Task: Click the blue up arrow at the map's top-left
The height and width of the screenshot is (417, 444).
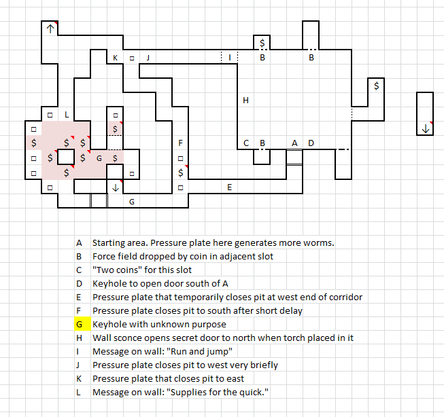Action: pyautogui.click(x=50, y=29)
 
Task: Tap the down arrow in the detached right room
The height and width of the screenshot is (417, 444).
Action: pyautogui.click(x=426, y=128)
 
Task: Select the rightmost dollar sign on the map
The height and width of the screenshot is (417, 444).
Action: pyautogui.click(x=377, y=86)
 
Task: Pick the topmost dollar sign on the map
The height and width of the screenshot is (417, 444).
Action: pyautogui.click(x=262, y=43)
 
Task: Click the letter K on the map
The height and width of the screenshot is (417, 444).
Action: pyautogui.click(x=115, y=58)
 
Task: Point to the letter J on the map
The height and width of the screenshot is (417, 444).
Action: pyautogui.click(x=148, y=58)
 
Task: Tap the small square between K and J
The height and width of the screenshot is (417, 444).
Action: pyautogui.click(x=131, y=58)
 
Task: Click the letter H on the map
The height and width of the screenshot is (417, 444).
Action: pyautogui.click(x=246, y=101)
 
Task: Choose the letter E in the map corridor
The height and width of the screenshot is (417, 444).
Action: pyautogui.click(x=230, y=186)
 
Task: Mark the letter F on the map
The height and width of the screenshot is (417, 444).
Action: pyautogui.click(x=180, y=143)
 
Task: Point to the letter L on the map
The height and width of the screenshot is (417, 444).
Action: pyautogui.click(x=66, y=115)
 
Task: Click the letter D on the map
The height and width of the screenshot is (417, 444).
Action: pyautogui.click(x=311, y=143)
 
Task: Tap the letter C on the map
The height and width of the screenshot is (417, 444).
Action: pyautogui.click(x=246, y=143)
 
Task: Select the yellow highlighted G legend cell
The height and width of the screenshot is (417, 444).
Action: pyautogui.click(x=79, y=324)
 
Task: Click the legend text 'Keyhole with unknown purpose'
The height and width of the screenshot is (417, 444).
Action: pyautogui.click(x=152, y=324)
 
